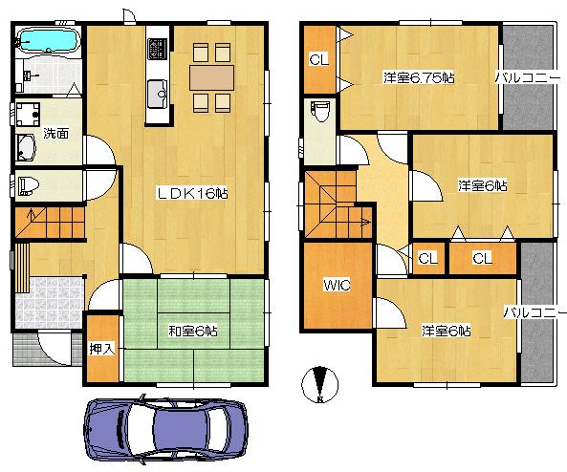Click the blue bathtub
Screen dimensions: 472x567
coord(47,41)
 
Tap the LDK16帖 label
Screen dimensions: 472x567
coord(192,193)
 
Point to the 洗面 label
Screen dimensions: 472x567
coord(55,134)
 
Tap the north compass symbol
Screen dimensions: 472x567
coord(320,384)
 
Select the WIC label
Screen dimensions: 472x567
coord(336,286)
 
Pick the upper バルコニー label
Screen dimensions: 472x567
coord(527,75)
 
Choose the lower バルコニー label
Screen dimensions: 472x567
coord(534,312)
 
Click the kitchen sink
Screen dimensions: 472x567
coord(158,93)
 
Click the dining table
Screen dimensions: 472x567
coord(210,75)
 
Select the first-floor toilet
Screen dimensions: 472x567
coord(30,184)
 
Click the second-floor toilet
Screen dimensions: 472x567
coord(320,114)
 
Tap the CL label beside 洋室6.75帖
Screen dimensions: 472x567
coord(318,59)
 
